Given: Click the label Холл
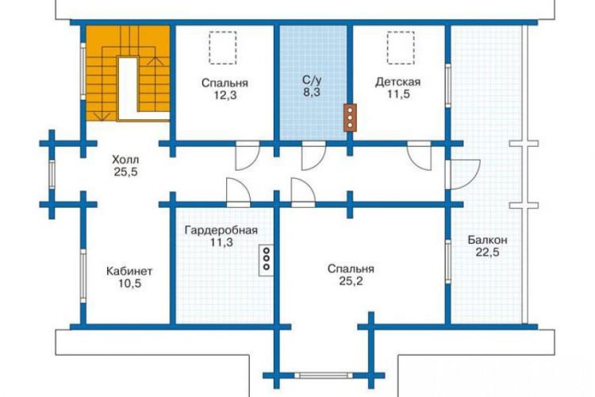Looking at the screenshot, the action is pyautogui.click(x=125, y=160).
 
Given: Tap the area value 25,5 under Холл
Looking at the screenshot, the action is pyautogui.click(x=125, y=172).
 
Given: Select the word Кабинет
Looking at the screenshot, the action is pyautogui.click(x=129, y=272).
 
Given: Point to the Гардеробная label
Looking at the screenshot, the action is pyautogui.click(x=221, y=230).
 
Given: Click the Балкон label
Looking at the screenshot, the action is pyautogui.click(x=487, y=240).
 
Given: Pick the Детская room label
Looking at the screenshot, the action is pyautogui.click(x=397, y=82).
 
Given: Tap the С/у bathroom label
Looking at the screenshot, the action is pyautogui.click(x=312, y=79).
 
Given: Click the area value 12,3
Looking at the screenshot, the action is pyautogui.click(x=225, y=95).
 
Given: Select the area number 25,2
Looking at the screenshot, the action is pyautogui.click(x=351, y=281).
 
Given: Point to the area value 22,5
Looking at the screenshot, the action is pyautogui.click(x=487, y=252).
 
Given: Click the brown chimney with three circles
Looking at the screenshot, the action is pyautogui.click(x=350, y=118).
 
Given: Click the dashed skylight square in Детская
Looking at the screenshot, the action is pyautogui.click(x=401, y=48).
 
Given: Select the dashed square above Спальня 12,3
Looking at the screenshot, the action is pyautogui.click(x=222, y=48).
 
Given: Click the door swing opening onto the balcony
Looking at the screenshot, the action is pyautogui.click(x=463, y=175).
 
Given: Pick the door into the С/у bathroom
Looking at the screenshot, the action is pyautogui.click(x=313, y=156).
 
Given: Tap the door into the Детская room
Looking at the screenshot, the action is pyautogui.click(x=420, y=156).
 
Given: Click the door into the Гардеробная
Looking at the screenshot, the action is pyautogui.click(x=238, y=192).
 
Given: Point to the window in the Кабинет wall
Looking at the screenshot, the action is pyautogui.click(x=83, y=276).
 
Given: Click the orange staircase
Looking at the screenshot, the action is pyautogui.click(x=128, y=73).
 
